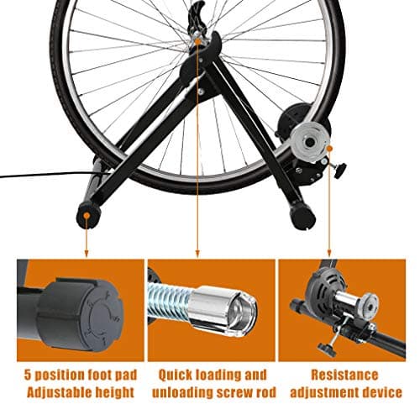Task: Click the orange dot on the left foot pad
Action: click(87, 215)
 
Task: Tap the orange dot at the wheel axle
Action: click(197, 42)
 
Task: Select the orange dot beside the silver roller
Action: click(329, 148)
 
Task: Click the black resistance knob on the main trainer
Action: click(339, 170)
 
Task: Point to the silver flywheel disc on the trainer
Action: click(309, 142)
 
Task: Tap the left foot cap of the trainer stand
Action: click(88, 215)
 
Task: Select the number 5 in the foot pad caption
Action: click(27, 375)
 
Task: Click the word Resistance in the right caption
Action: click(344, 375)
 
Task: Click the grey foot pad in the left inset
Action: click(81, 314)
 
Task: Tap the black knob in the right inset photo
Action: click(325, 349)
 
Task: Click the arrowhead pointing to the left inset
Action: click(87, 253)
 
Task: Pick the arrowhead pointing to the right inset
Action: click(329, 253)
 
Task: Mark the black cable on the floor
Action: click(48, 175)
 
